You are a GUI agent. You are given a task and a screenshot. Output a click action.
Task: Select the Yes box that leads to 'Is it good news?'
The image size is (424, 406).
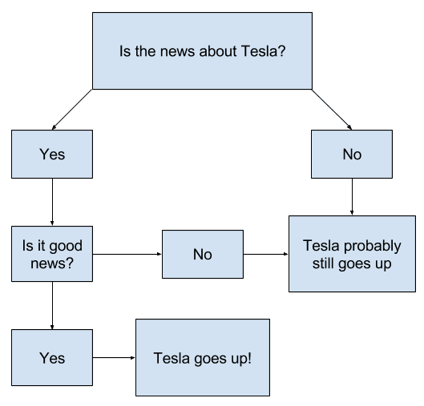pos(52,155)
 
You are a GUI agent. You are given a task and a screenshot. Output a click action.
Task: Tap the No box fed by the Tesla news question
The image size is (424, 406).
pos(352,155)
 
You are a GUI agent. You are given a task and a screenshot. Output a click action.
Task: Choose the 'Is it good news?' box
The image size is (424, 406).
pos(52,255)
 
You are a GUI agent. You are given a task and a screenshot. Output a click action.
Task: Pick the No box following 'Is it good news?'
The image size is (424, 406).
pos(202,255)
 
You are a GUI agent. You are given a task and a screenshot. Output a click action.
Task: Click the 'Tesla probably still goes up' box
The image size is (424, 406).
pos(352,253)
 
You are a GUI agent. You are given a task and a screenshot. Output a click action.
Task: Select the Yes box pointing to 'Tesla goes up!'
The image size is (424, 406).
pos(52,356)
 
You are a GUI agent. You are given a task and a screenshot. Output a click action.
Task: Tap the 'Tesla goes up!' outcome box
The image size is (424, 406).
pos(202,356)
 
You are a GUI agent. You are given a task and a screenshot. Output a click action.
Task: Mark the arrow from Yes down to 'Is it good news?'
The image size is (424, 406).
pos(52,202)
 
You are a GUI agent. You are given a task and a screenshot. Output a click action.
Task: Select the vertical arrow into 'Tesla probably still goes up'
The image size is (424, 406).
pos(352,196)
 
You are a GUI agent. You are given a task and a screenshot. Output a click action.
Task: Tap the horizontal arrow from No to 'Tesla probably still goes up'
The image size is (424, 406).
pos(265,255)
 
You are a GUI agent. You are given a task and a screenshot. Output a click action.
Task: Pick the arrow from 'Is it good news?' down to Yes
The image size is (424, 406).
pos(52,305)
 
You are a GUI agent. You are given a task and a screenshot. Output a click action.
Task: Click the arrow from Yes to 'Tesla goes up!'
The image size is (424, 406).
pos(112,356)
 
